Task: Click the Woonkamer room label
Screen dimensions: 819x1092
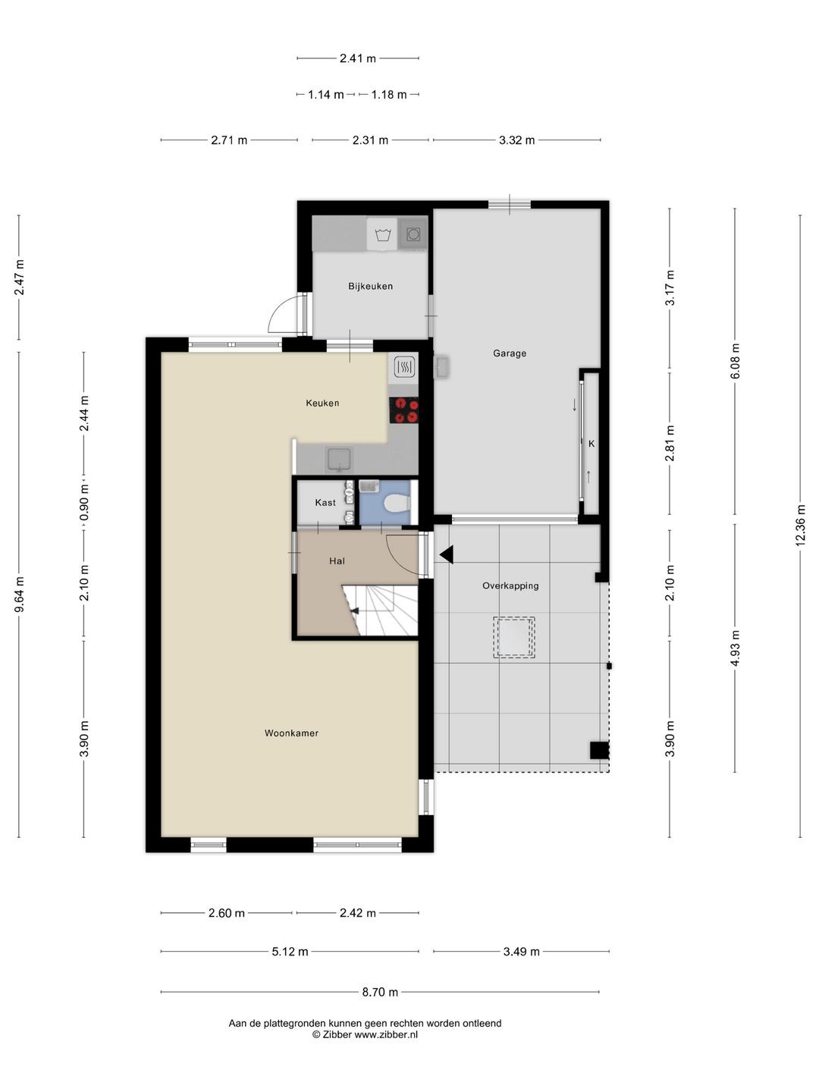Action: pyautogui.click(x=291, y=733)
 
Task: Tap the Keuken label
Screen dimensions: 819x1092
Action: pyautogui.click(x=322, y=403)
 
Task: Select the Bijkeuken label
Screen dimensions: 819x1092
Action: pyautogui.click(x=370, y=286)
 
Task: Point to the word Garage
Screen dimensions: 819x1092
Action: pyautogui.click(x=509, y=353)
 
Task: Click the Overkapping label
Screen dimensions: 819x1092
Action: pyautogui.click(x=510, y=585)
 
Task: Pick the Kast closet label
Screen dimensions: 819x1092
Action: pyautogui.click(x=325, y=503)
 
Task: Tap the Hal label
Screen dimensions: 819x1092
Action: pyautogui.click(x=337, y=560)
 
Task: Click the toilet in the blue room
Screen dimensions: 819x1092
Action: pyautogui.click(x=397, y=503)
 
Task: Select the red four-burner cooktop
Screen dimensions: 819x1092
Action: pyautogui.click(x=403, y=410)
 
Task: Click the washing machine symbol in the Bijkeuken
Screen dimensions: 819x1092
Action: pyautogui.click(x=382, y=234)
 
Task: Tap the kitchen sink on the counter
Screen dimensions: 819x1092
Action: pyautogui.click(x=340, y=460)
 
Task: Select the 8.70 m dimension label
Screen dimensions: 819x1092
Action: pyautogui.click(x=380, y=992)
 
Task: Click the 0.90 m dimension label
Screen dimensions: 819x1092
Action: pyautogui.click(x=84, y=503)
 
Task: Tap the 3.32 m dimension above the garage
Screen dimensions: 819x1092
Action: pyautogui.click(x=516, y=140)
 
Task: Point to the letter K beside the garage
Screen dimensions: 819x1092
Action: pyautogui.click(x=591, y=444)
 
